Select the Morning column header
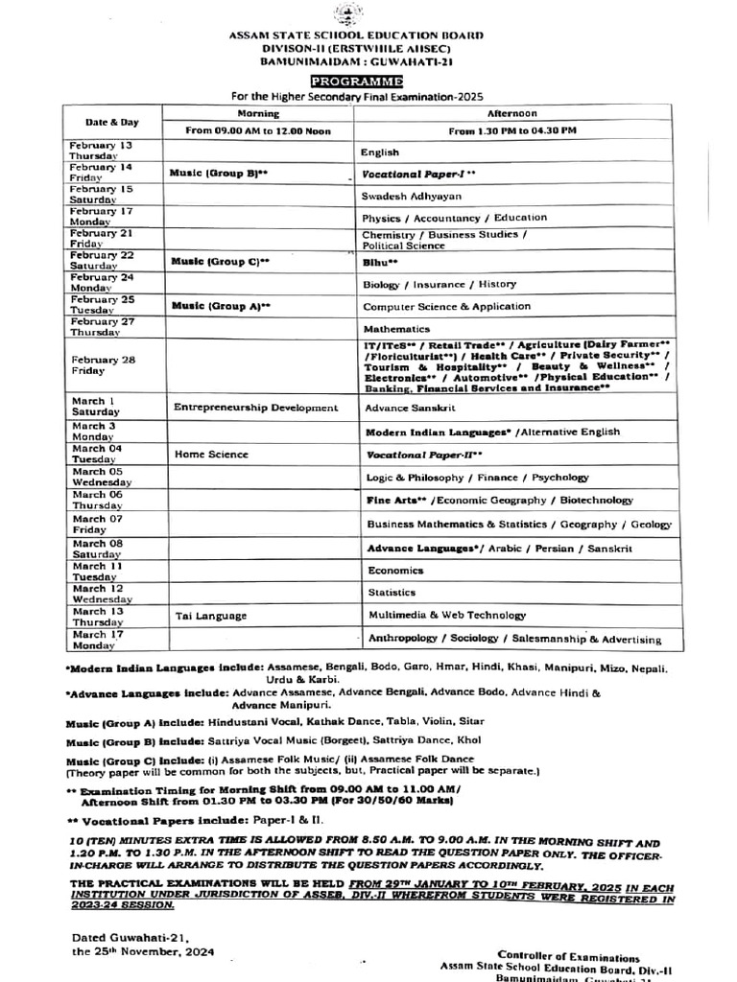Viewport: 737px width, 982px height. coord(257,112)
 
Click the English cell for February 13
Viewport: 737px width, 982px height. coord(380,152)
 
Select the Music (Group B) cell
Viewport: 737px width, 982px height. coord(220,174)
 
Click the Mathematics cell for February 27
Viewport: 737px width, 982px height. coord(395,327)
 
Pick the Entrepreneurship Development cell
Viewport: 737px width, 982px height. coord(256,408)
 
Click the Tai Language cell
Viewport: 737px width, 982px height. coord(211,616)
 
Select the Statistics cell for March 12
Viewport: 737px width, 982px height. coord(392,593)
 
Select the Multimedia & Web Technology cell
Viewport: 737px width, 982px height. coord(447,615)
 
